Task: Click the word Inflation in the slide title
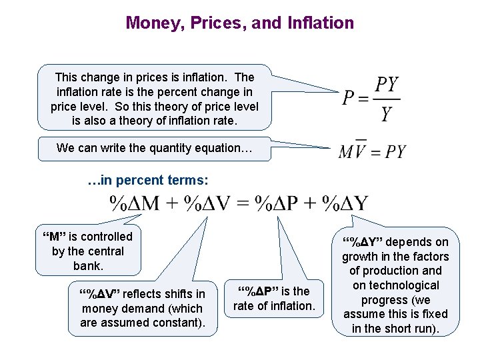pos(321,23)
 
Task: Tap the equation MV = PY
pos(371,151)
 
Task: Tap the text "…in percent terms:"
pos(148,180)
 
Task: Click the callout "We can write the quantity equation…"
pos(155,148)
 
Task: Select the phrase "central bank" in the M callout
pos(88,259)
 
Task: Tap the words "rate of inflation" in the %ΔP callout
pos(273,306)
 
